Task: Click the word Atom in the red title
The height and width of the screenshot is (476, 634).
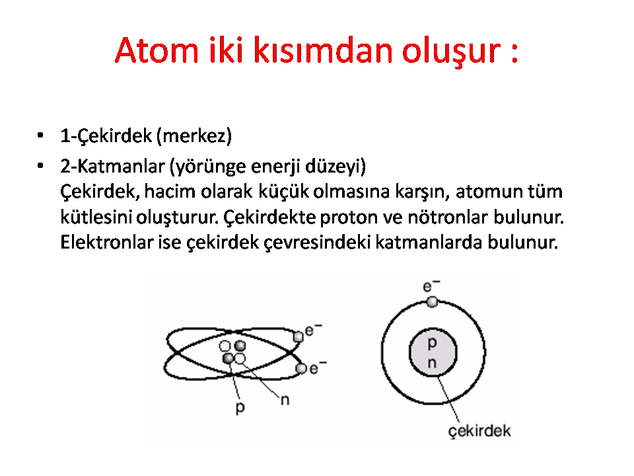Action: click(x=157, y=51)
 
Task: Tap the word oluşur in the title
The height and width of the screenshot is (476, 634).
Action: click(x=452, y=52)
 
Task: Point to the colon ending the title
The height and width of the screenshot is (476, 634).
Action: click(x=514, y=53)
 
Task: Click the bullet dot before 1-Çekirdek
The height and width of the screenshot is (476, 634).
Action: click(x=40, y=135)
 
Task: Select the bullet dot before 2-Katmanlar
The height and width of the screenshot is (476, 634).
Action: click(x=40, y=165)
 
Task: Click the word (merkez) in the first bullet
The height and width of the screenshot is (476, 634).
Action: click(x=194, y=136)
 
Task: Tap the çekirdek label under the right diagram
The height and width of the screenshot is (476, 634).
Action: click(x=479, y=431)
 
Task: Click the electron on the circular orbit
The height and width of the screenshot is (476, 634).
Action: click(x=432, y=302)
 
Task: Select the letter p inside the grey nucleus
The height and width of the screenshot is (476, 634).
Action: click(x=432, y=344)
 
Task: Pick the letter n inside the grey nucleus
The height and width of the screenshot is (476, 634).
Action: click(x=432, y=363)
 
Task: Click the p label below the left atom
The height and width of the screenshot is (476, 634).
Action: click(x=240, y=408)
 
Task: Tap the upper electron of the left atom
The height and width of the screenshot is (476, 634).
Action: click(x=299, y=337)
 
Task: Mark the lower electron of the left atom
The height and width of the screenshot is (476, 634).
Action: click(x=301, y=369)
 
